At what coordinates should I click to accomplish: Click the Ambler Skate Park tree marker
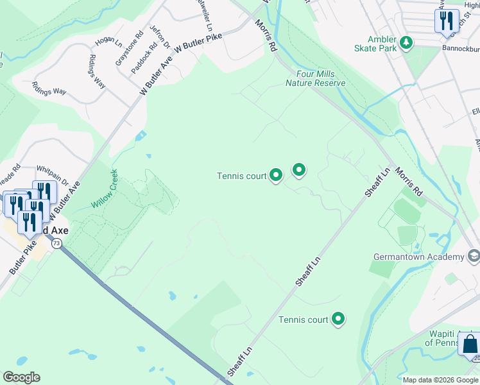pyautogui.click(x=406, y=42)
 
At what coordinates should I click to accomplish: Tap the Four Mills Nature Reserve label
pyautogui.click(x=316, y=78)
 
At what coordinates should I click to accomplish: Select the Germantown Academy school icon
pyautogui.click(x=474, y=257)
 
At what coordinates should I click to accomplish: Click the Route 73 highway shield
pyautogui.click(x=57, y=243)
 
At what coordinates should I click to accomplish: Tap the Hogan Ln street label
pyautogui.click(x=108, y=42)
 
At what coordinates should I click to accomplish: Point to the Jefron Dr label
pyautogui.click(x=159, y=38)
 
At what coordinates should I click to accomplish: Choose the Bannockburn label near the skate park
pyautogui.click(x=460, y=47)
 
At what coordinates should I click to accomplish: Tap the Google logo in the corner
pyautogui.click(x=21, y=377)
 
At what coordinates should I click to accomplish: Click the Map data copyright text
pyautogui.click(x=441, y=380)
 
